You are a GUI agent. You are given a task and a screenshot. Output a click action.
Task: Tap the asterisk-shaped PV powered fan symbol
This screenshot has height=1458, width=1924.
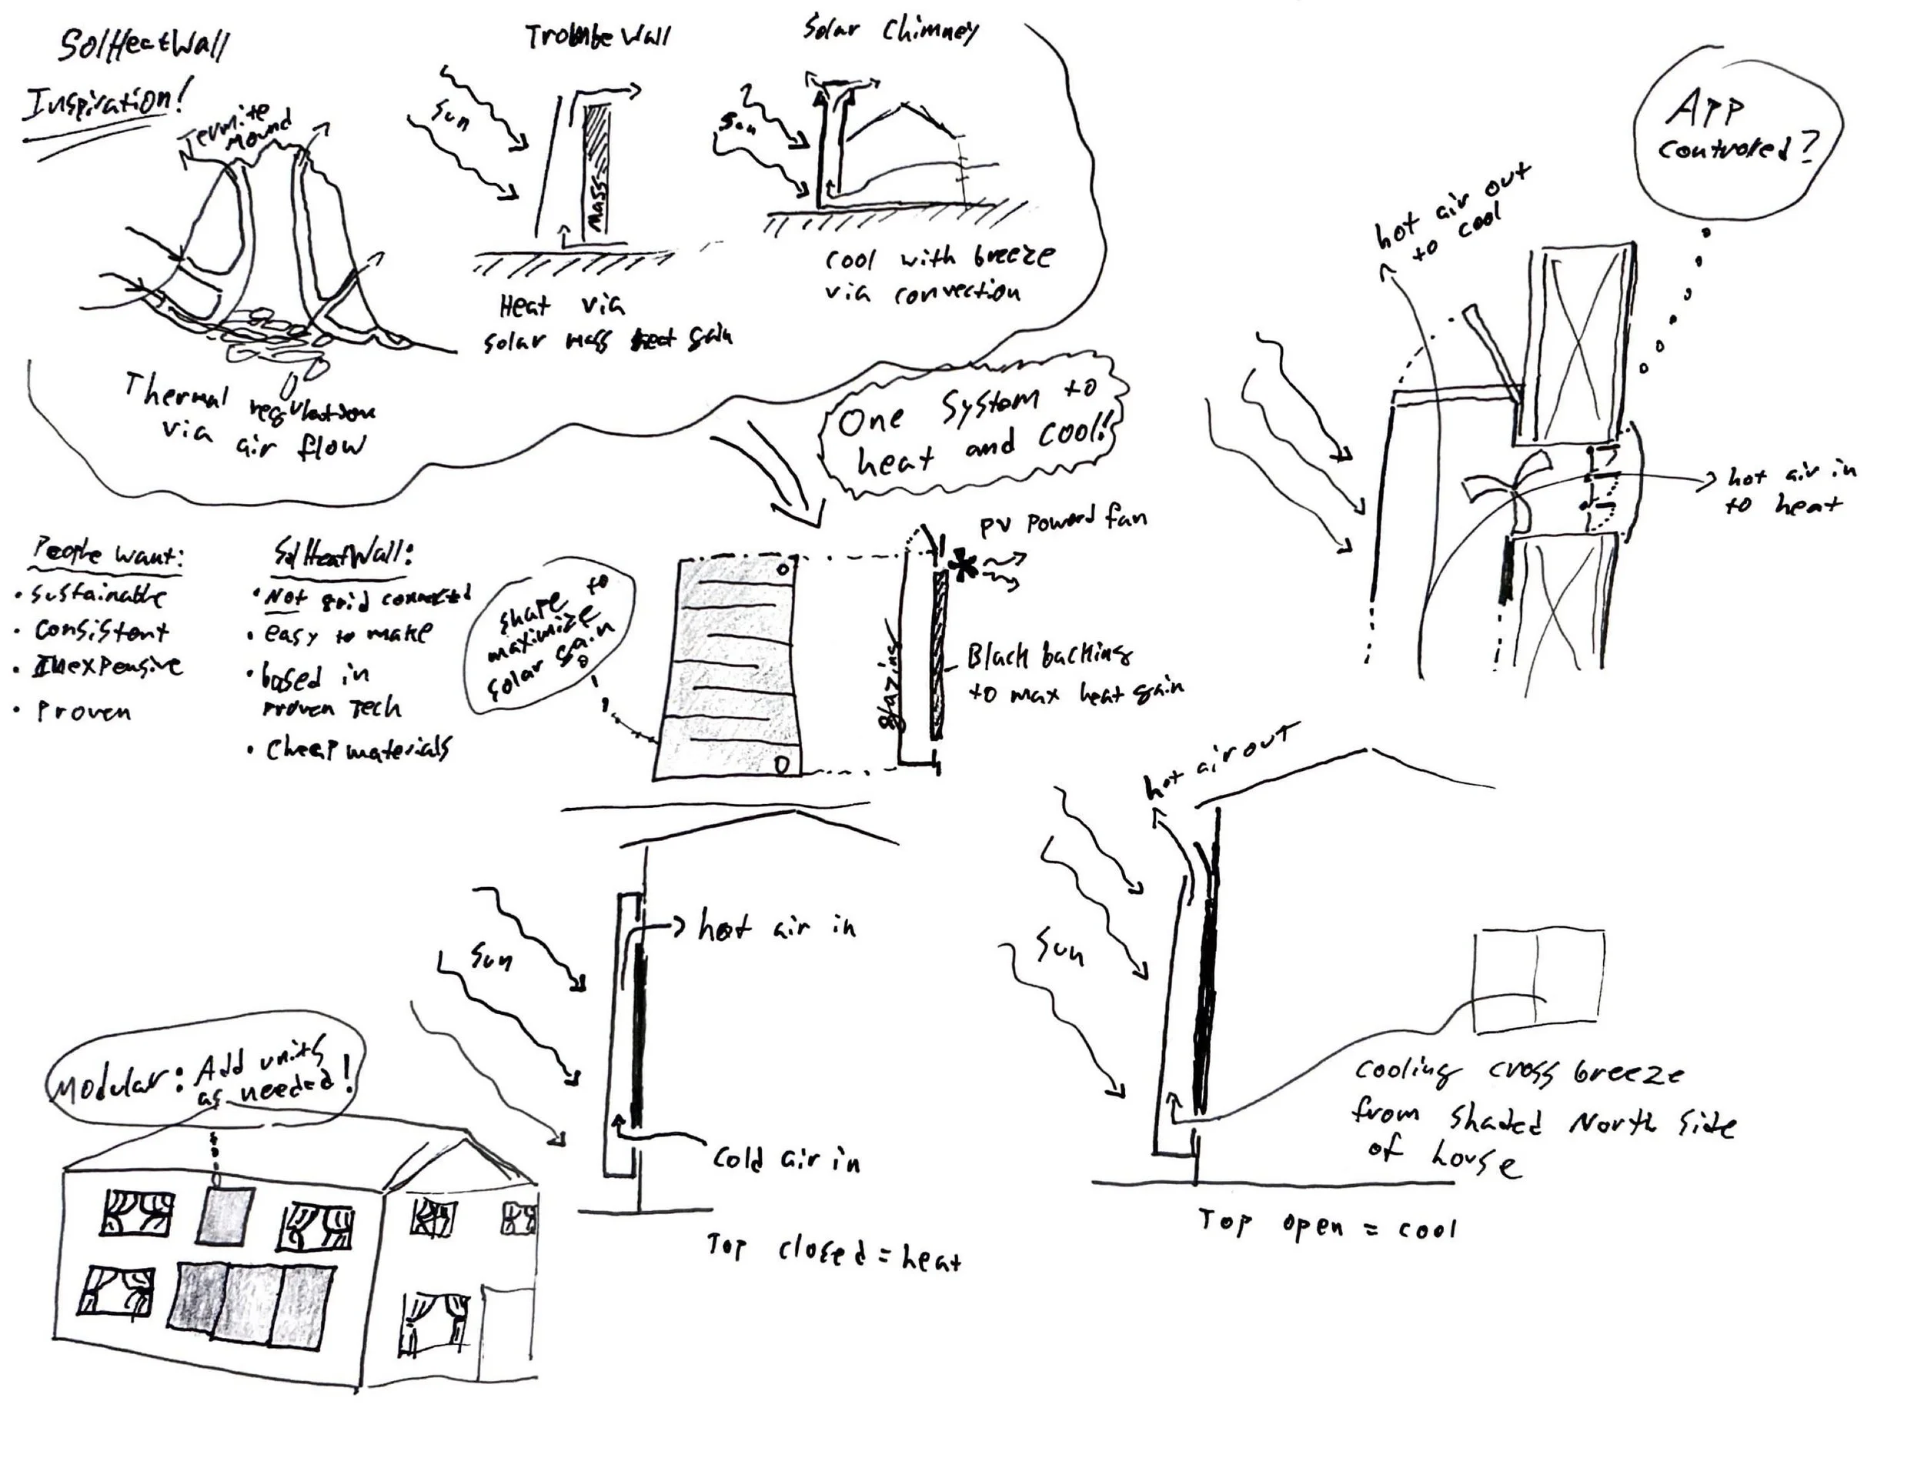coord(963,566)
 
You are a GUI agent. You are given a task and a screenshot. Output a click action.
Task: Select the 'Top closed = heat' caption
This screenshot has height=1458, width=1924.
coord(833,1253)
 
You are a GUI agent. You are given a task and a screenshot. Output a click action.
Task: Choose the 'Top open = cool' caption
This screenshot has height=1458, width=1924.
coord(1327,1226)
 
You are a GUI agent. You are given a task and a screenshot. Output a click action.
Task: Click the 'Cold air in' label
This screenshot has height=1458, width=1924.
coord(786,1159)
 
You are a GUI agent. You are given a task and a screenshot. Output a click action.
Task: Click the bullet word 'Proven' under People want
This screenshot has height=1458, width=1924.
coord(83,712)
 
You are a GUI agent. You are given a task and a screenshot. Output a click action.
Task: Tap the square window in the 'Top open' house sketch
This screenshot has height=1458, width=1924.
coord(1538,982)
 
